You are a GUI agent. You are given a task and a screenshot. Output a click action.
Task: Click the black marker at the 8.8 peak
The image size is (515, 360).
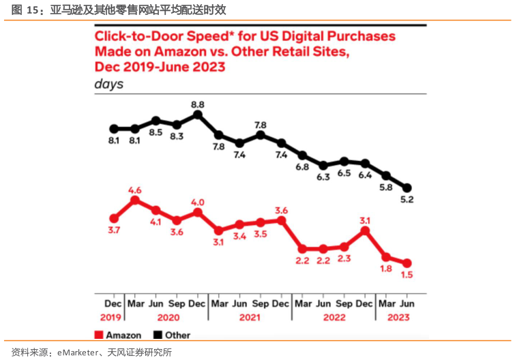(198, 115)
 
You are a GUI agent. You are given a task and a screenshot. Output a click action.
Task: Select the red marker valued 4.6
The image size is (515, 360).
(135, 200)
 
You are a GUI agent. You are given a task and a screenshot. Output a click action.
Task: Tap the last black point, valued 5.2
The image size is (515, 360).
(408, 187)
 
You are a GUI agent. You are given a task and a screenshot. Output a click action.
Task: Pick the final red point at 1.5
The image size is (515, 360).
(408, 262)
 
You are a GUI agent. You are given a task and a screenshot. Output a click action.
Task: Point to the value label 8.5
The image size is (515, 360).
(156, 132)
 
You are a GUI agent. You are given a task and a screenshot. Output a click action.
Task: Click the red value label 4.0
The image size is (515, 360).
(198, 202)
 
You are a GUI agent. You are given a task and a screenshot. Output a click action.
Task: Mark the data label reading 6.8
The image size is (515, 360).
(302, 166)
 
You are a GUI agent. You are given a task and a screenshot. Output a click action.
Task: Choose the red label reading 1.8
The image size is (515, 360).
(387, 269)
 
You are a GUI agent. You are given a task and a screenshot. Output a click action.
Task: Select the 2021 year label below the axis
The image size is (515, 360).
(250, 318)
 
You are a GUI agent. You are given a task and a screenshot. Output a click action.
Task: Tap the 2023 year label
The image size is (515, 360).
(398, 318)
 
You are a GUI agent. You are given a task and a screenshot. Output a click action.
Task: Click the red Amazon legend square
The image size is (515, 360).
(98, 335)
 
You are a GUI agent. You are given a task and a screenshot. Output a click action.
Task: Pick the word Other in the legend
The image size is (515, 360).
(178, 335)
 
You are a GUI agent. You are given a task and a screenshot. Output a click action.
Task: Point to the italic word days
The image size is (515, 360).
(108, 84)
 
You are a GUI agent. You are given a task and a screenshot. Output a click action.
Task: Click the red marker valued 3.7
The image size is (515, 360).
(114, 218)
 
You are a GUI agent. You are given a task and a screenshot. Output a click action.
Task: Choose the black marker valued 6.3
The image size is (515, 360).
(323, 165)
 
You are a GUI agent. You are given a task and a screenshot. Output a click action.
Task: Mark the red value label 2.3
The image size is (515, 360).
(344, 258)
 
